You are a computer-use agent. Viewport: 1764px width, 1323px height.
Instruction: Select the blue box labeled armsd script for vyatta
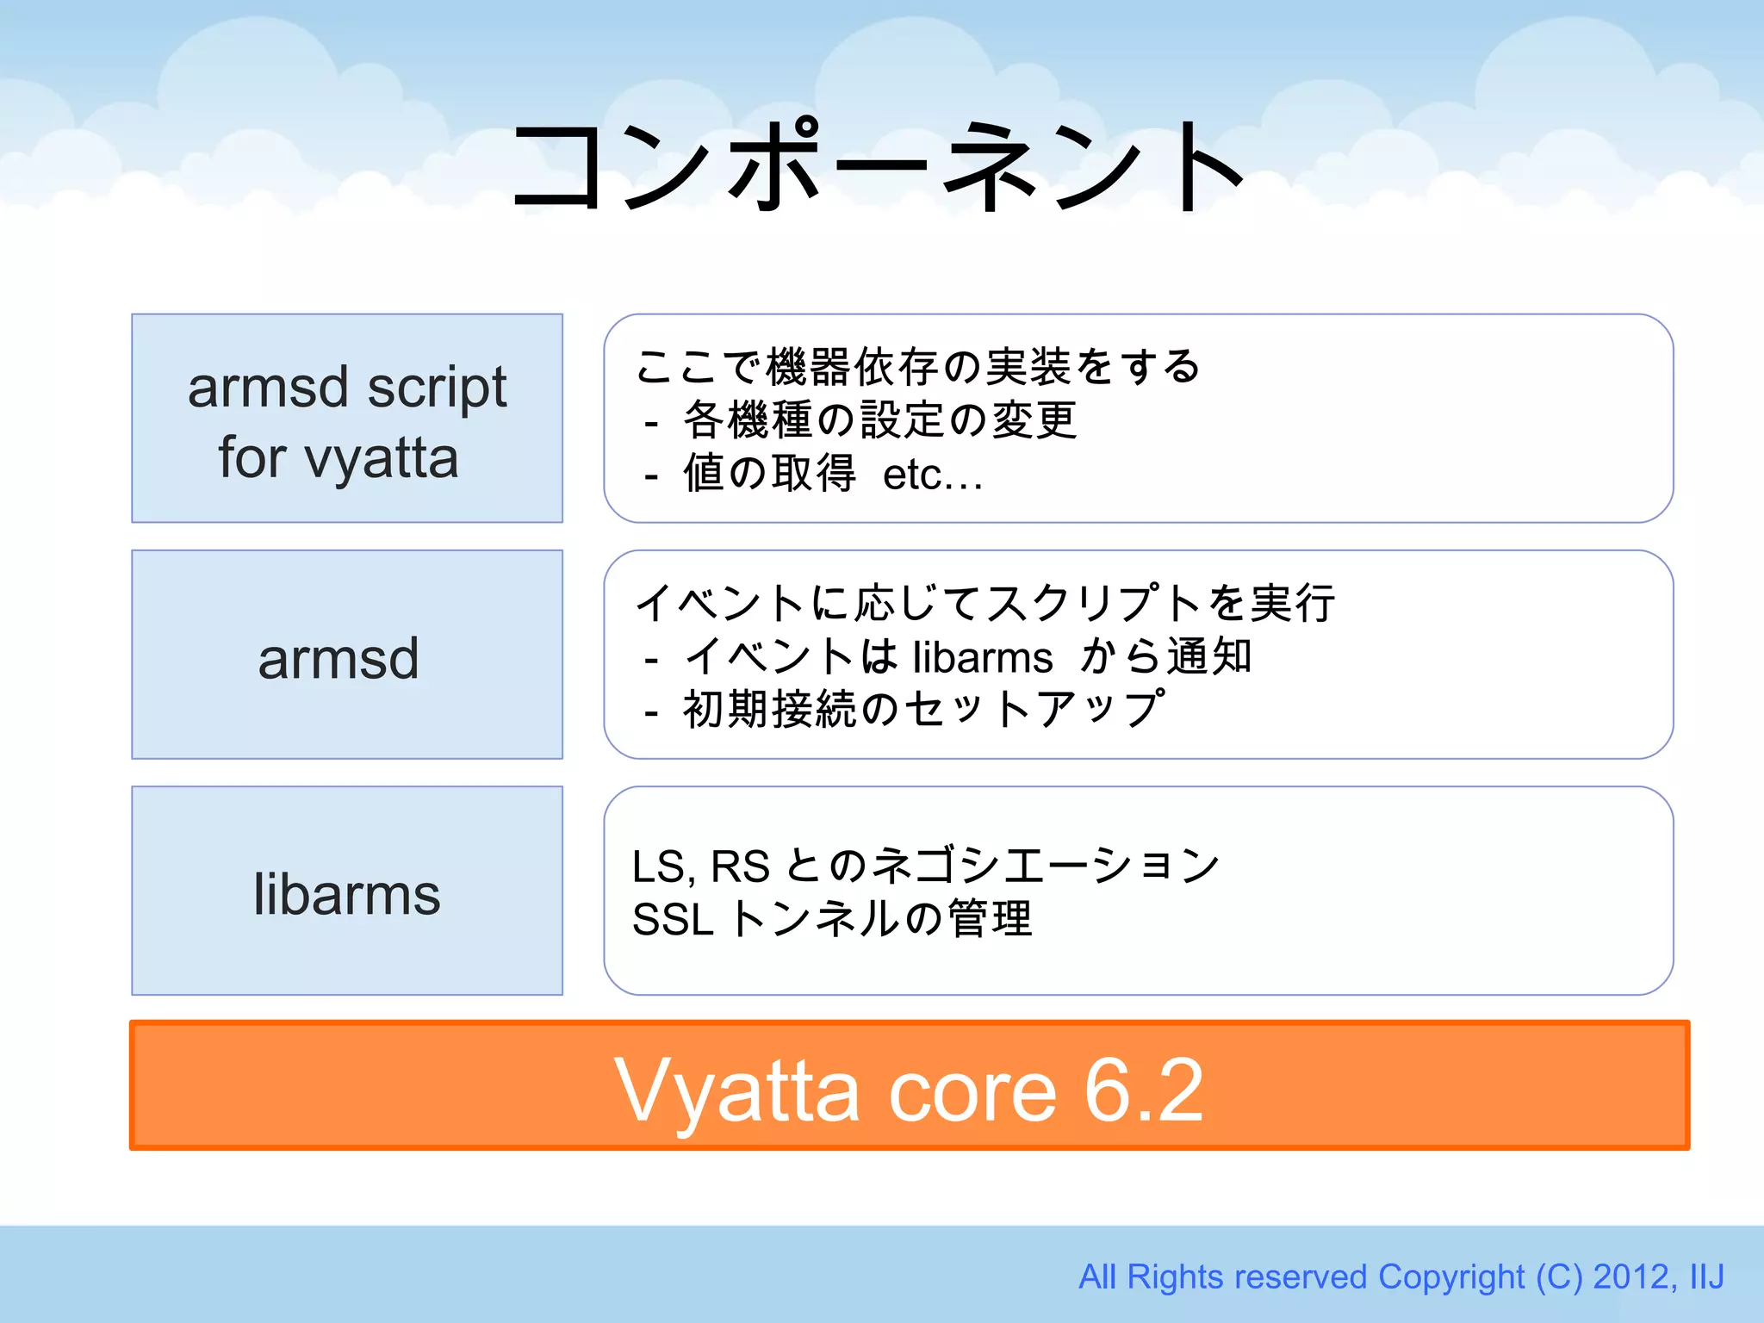346,419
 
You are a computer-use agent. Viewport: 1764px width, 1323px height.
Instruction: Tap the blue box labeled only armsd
346,655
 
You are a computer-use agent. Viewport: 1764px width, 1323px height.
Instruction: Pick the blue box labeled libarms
346,891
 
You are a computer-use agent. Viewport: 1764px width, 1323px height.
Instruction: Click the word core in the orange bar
972,1092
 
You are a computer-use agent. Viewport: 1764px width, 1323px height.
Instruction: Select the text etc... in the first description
932,475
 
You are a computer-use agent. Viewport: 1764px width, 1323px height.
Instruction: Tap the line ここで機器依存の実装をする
917,367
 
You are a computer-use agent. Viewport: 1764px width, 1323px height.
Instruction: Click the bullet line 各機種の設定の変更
879,420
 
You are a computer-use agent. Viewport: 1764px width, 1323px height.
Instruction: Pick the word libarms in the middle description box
982,657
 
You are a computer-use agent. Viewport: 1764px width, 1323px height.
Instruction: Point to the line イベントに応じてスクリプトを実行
984,603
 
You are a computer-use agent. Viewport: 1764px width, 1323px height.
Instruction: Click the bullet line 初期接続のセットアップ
924,710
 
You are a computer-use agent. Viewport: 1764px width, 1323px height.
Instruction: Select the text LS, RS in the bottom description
700,866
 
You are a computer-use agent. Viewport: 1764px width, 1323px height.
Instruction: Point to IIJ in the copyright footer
1706,1276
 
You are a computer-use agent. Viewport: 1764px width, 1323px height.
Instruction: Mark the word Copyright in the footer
1451,1276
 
